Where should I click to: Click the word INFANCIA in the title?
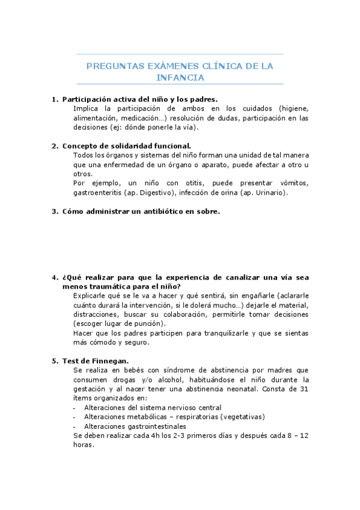coord(180,78)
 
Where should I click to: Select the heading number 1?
coord(54,99)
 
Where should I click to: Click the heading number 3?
coord(54,211)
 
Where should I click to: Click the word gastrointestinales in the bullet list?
coord(152,426)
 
